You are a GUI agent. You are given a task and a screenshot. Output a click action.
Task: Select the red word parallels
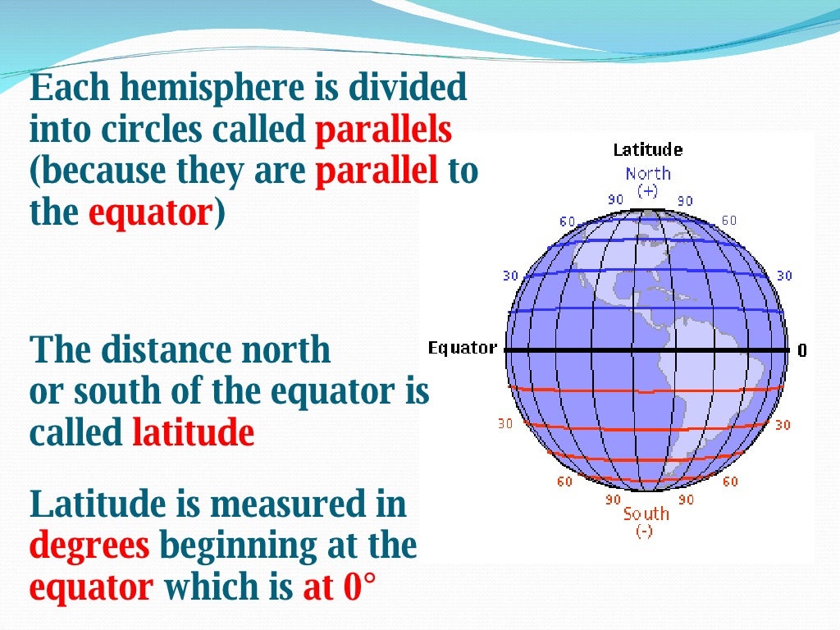coord(383,130)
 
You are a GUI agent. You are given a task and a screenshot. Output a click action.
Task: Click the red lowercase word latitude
coord(193,432)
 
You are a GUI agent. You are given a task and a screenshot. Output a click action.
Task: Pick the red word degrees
coord(89,545)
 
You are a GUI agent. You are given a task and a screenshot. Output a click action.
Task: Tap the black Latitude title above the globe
coord(647,150)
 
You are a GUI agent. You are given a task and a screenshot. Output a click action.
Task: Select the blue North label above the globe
coord(647,174)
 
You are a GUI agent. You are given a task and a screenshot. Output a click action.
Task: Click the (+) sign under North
coord(647,190)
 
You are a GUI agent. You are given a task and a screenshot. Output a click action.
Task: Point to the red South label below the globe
coord(646,514)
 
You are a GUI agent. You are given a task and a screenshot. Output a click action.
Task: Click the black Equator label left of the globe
coord(462,349)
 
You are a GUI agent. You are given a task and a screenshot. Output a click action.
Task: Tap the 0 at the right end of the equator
coord(801,350)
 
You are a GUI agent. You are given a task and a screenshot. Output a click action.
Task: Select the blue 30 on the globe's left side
coord(510,276)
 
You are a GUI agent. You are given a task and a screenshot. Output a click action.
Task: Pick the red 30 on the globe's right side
coord(783,425)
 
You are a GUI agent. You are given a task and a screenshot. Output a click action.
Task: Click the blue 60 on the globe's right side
coord(728,221)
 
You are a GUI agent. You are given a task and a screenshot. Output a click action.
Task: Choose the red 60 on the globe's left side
coord(564,482)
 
